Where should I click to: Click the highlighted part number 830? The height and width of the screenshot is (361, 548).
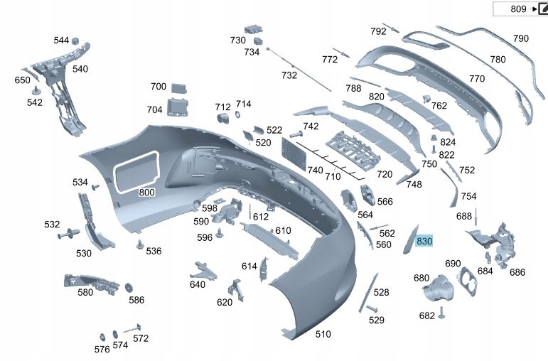tap(425, 242)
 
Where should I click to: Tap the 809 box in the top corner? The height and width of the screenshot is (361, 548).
tap(519, 9)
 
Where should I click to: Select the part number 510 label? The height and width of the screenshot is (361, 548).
tap(323, 334)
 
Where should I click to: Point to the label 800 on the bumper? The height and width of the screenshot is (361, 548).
tap(146, 192)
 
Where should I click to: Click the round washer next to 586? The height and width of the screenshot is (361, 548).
tap(129, 288)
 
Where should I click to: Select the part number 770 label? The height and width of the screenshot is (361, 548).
tap(477, 78)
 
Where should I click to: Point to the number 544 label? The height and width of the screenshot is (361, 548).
tap(61, 41)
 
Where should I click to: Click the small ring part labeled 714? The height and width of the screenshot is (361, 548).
tap(237, 116)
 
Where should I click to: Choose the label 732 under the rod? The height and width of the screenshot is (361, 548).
tap(289, 75)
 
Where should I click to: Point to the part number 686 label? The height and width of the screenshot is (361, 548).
tap(517, 272)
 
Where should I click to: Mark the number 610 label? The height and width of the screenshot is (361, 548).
tap(284, 230)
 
